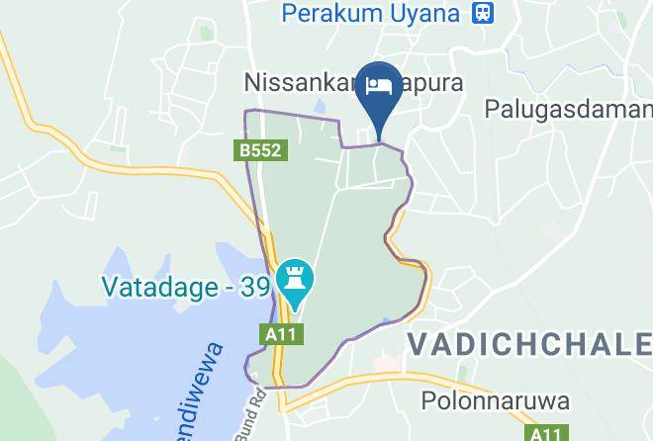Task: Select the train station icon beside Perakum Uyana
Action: [484, 13]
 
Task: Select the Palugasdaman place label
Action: [568, 109]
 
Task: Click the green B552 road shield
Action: [261, 150]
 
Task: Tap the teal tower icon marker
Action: [294, 283]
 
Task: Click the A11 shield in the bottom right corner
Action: [544, 434]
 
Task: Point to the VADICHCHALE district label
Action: [529, 344]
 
